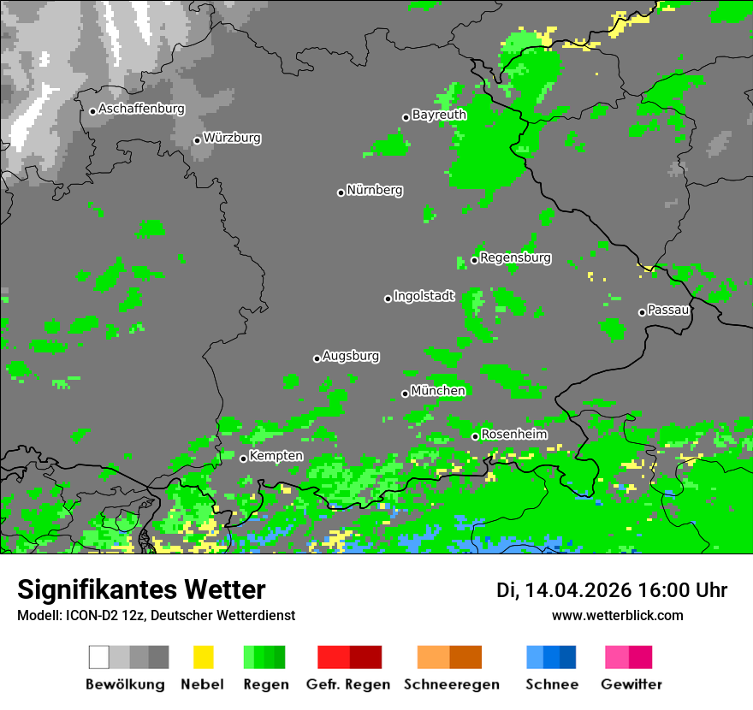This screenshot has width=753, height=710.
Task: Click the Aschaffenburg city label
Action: click(141, 109)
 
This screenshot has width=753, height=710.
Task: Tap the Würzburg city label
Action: click(232, 139)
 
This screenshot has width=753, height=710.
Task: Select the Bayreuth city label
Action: click(439, 115)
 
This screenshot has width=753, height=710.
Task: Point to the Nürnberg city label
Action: click(375, 191)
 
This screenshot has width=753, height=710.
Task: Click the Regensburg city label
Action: click(515, 258)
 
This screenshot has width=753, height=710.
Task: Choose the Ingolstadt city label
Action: click(424, 297)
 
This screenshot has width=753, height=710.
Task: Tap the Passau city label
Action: click(668, 310)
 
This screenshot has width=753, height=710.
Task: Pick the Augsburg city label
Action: click(351, 357)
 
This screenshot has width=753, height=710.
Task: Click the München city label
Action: click(438, 392)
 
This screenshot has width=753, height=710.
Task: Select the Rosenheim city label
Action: click(514, 435)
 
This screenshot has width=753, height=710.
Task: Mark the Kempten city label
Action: click(276, 456)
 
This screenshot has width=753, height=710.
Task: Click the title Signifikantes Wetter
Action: click(141, 589)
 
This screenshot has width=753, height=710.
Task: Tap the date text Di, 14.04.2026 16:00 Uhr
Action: click(612, 590)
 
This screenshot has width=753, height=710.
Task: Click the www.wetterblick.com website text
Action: click(618, 616)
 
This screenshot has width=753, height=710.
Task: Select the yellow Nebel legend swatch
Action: click(203, 657)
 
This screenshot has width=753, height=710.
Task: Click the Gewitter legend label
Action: click(631, 684)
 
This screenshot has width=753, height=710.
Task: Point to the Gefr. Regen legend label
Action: click(349, 684)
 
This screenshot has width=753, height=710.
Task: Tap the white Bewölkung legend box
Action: click(99, 657)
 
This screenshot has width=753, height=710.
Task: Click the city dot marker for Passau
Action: click(642, 312)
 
